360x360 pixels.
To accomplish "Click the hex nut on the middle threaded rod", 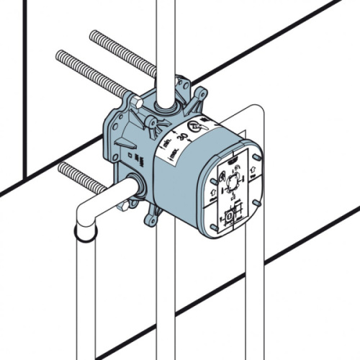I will click(135, 100).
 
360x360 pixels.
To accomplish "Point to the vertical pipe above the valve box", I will click(166, 43).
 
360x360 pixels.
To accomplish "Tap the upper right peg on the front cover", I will click(256, 153).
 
